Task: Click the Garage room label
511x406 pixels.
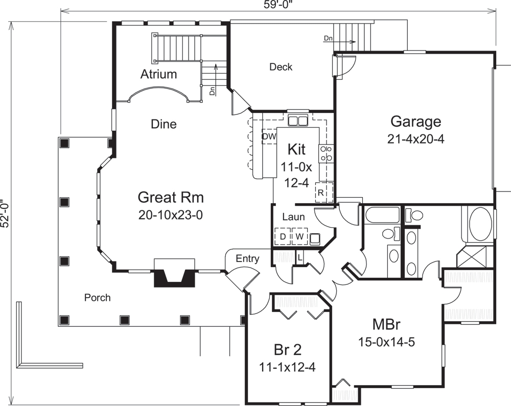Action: (x=415, y=122)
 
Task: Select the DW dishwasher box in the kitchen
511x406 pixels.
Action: (x=269, y=137)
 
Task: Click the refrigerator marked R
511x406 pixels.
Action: (x=321, y=193)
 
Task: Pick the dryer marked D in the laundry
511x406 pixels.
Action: (x=282, y=237)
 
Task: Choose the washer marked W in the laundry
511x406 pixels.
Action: (x=300, y=237)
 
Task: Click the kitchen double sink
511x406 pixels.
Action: (x=297, y=121)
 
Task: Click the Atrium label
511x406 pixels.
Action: (x=158, y=75)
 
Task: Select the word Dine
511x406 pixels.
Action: (x=164, y=124)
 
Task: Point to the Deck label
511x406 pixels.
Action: (x=281, y=67)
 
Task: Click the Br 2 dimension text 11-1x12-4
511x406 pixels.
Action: (x=287, y=366)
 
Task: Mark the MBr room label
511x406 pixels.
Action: (x=386, y=325)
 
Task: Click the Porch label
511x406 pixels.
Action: (x=97, y=297)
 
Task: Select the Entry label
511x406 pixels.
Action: (x=247, y=259)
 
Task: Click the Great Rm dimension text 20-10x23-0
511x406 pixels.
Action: (x=171, y=215)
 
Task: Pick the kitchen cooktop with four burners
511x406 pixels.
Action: (x=326, y=153)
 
